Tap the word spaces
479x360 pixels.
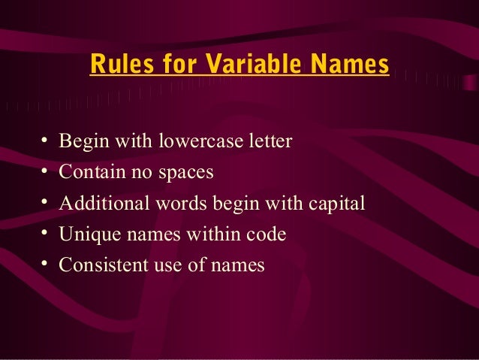[x=185, y=173]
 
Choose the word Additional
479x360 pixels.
[x=100, y=203]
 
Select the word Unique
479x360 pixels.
[x=85, y=234]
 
